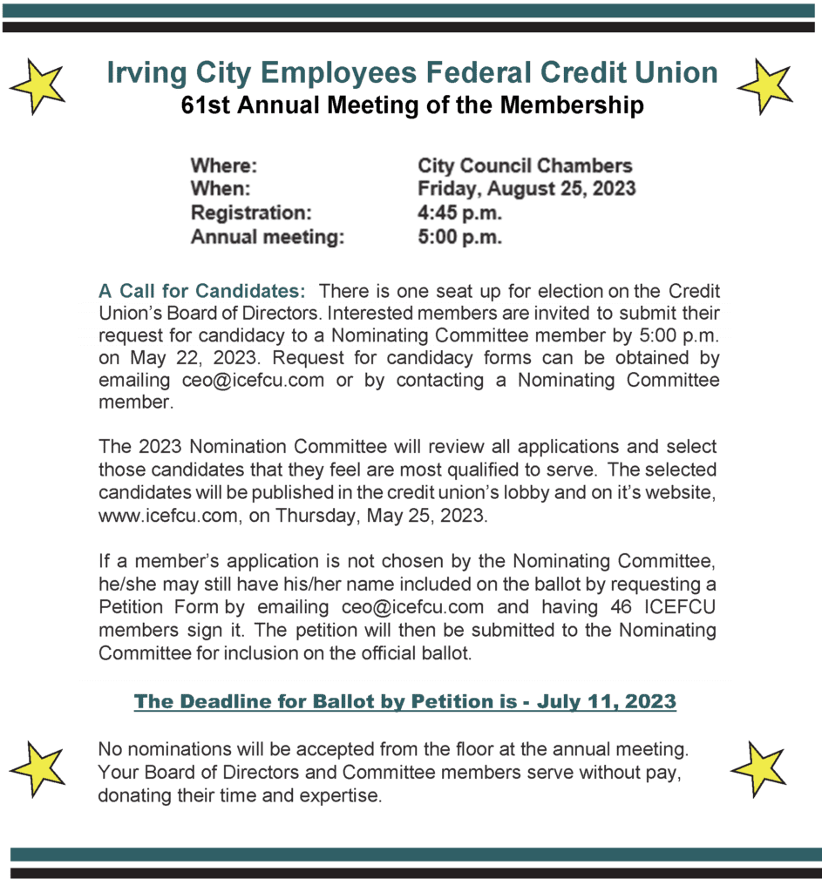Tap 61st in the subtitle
click(x=202, y=106)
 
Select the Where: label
click(x=224, y=166)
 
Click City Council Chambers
click(x=525, y=166)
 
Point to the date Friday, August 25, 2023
click(x=526, y=189)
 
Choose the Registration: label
click(x=250, y=213)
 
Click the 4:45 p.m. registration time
click(x=459, y=213)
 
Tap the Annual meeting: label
click(x=268, y=237)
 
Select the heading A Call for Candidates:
click(x=202, y=290)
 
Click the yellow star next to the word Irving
click(x=37, y=85)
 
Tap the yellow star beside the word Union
click(x=764, y=85)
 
